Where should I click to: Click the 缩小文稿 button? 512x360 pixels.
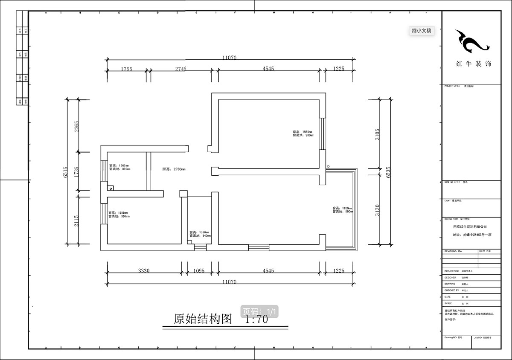(421, 31)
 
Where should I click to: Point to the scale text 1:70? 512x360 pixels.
(256, 319)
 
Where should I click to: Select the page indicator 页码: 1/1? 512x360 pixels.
(260, 311)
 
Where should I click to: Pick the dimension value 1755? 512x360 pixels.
(126, 69)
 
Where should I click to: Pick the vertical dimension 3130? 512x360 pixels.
(378, 210)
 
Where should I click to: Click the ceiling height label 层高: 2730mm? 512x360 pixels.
(174, 169)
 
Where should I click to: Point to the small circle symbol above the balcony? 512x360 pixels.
(328, 166)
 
